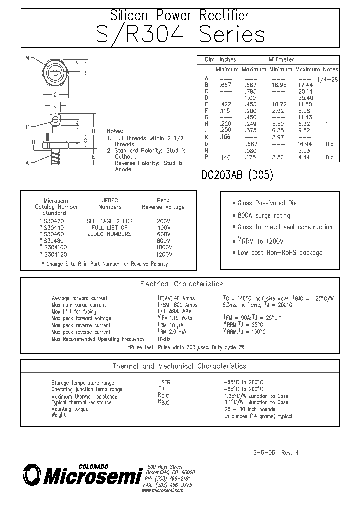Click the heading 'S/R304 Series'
180,35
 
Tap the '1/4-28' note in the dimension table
327,80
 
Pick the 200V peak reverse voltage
163,220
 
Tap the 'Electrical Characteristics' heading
181,284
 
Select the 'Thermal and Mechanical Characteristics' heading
179,366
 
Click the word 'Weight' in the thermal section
59,415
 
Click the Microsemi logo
82,476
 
